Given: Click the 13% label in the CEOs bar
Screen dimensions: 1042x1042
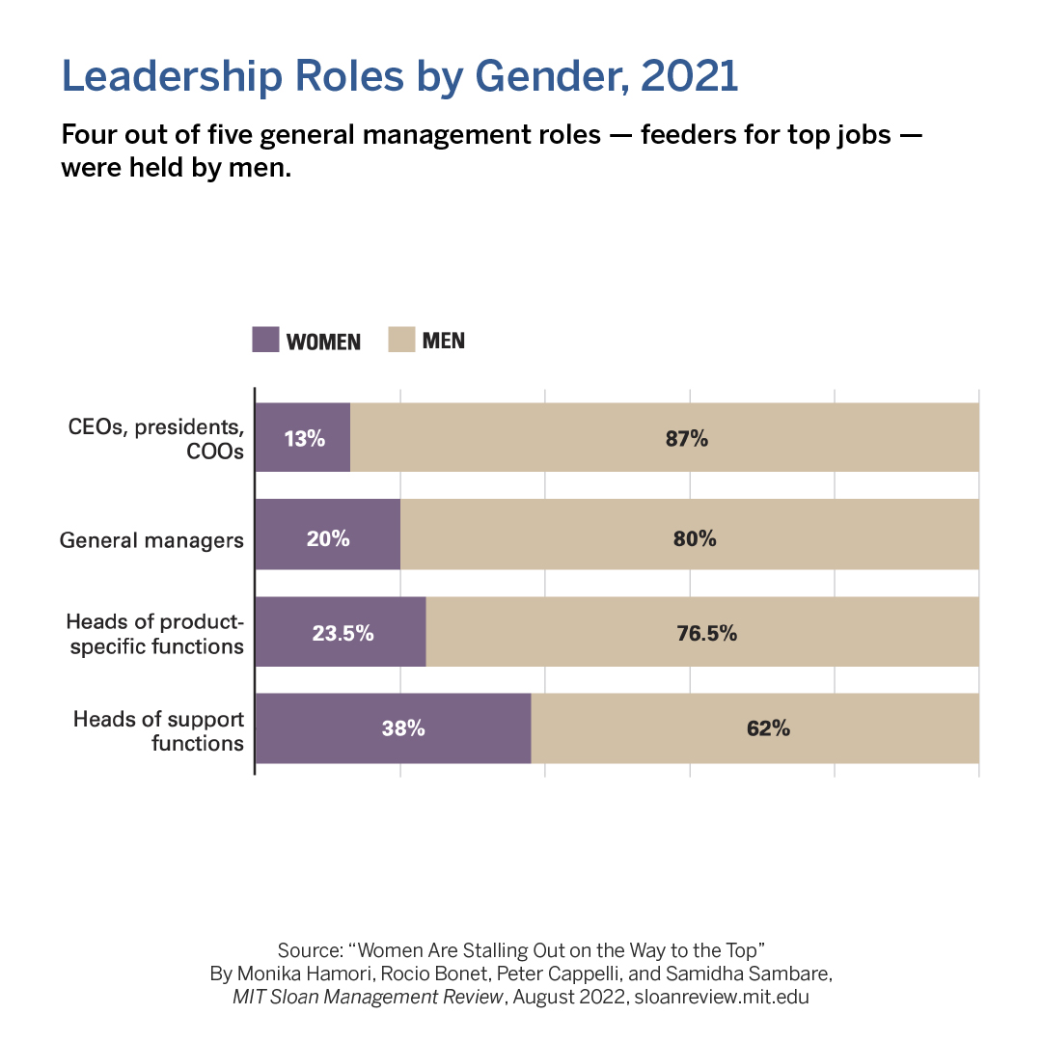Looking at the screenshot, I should click(x=304, y=438).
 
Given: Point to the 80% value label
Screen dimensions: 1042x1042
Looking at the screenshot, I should click(x=695, y=538).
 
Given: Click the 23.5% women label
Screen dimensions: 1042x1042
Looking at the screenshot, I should click(x=343, y=634).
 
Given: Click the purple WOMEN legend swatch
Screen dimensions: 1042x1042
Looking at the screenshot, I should click(x=265, y=340).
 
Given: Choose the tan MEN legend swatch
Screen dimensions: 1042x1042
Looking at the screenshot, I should click(x=401, y=340).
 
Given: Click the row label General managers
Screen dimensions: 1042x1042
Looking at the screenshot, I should click(x=151, y=540).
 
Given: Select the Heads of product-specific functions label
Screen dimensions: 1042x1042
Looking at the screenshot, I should click(x=155, y=634).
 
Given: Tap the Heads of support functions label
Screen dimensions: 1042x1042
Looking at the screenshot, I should click(x=159, y=731).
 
